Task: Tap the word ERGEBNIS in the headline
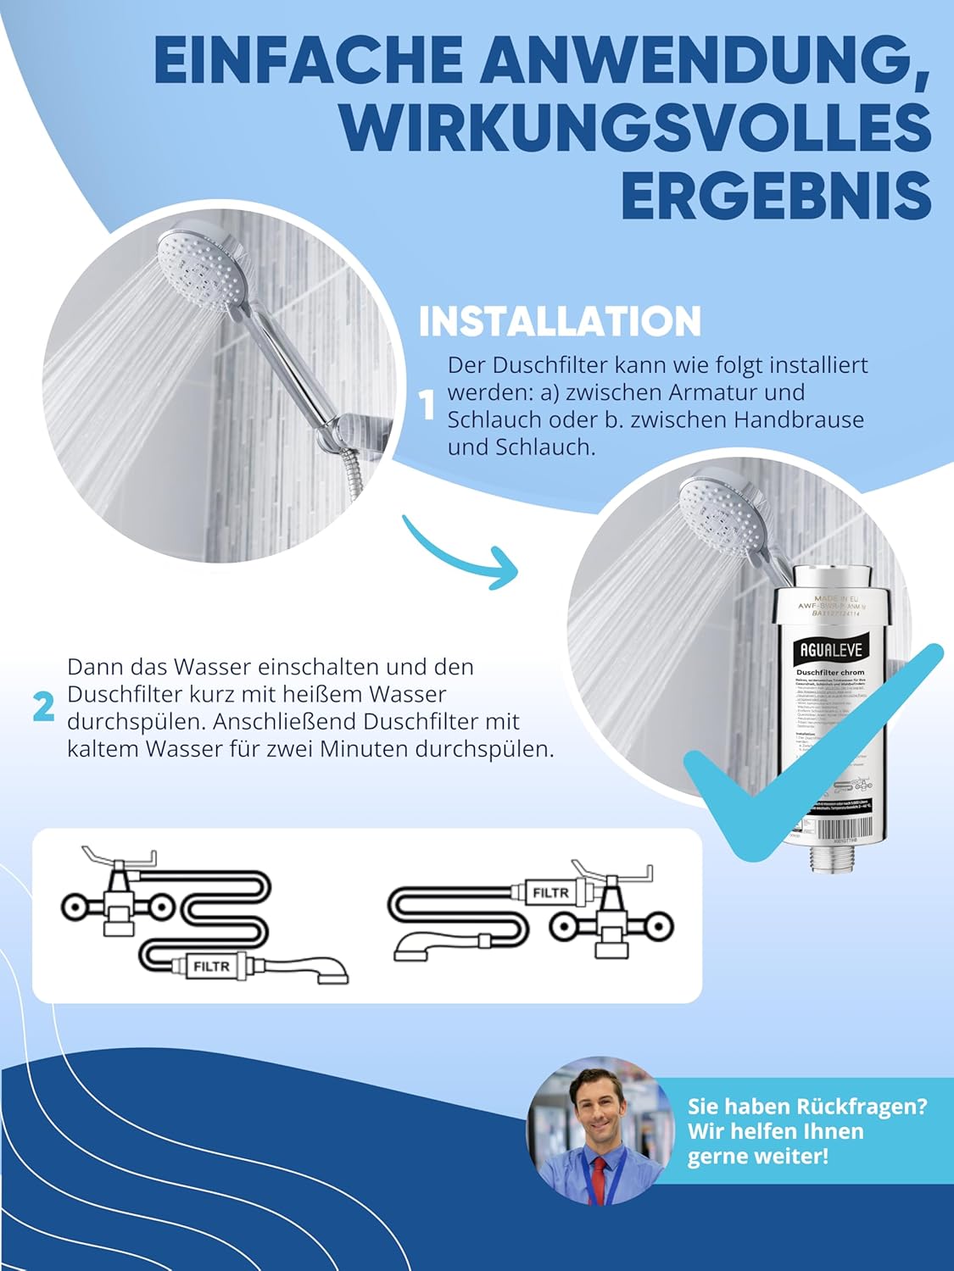pos(776,195)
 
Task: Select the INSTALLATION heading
pos(560,322)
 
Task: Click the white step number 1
pos(428,405)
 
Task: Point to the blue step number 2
pos(44,708)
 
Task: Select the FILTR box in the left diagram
pos(211,966)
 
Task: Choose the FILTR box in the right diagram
pos(550,893)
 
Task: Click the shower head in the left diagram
pos(326,972)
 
